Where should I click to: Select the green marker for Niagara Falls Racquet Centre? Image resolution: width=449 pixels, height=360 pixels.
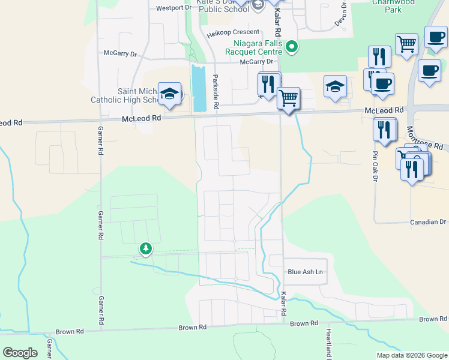pos(292,46)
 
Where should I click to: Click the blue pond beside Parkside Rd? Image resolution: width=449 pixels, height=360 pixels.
pos(198,88)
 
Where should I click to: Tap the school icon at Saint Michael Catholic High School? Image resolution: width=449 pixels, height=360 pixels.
pos(170,94)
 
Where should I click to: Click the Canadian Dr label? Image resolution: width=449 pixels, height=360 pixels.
pos(429,222)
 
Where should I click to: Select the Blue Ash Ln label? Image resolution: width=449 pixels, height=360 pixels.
pos(305,272)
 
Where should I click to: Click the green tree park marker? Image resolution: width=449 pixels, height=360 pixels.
pos(145,248)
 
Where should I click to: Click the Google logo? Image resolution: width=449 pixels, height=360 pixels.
pos(20,353)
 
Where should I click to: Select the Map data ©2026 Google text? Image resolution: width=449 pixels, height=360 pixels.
pos(411,355)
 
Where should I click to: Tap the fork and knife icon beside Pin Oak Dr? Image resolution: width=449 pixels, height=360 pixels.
pos(384,130)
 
